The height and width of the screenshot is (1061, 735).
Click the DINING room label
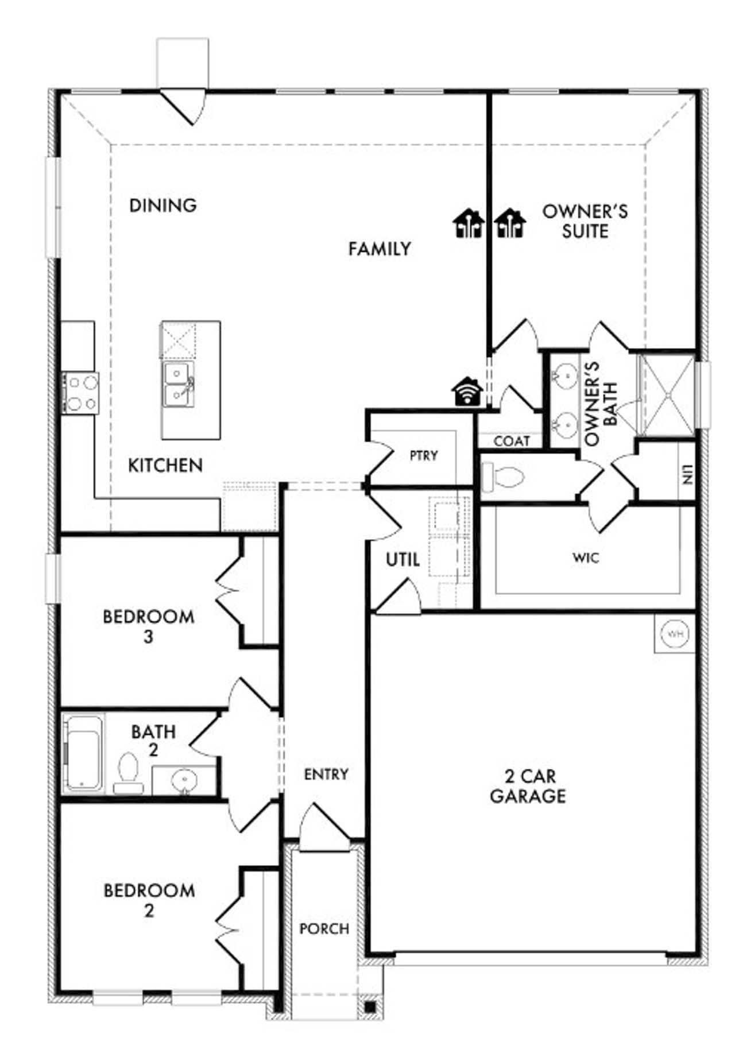click(163, 205)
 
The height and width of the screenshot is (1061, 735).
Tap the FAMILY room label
click(380, 249)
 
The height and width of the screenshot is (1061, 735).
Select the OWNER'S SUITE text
click(585, 221)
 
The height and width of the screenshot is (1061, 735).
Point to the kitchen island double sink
click(178, 384)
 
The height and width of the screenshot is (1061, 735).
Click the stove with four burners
click(81, 393)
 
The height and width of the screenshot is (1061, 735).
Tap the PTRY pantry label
click(424, 455)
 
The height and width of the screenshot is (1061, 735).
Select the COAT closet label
click(512, 441)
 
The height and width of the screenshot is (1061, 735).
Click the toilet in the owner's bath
click(504, 477)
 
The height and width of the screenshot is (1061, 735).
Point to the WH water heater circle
click(675, 634)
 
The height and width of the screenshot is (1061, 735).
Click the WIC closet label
click(586, 557)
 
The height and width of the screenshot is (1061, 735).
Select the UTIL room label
click(403, 560)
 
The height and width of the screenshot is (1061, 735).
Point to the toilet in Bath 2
click(128, 773)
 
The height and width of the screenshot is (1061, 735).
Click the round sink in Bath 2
click(184, 780)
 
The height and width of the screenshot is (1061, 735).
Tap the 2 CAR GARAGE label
click(528, 786)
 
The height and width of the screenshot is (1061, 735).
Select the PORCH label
click(324, 928)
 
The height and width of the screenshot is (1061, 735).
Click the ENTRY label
click(326, 775)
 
